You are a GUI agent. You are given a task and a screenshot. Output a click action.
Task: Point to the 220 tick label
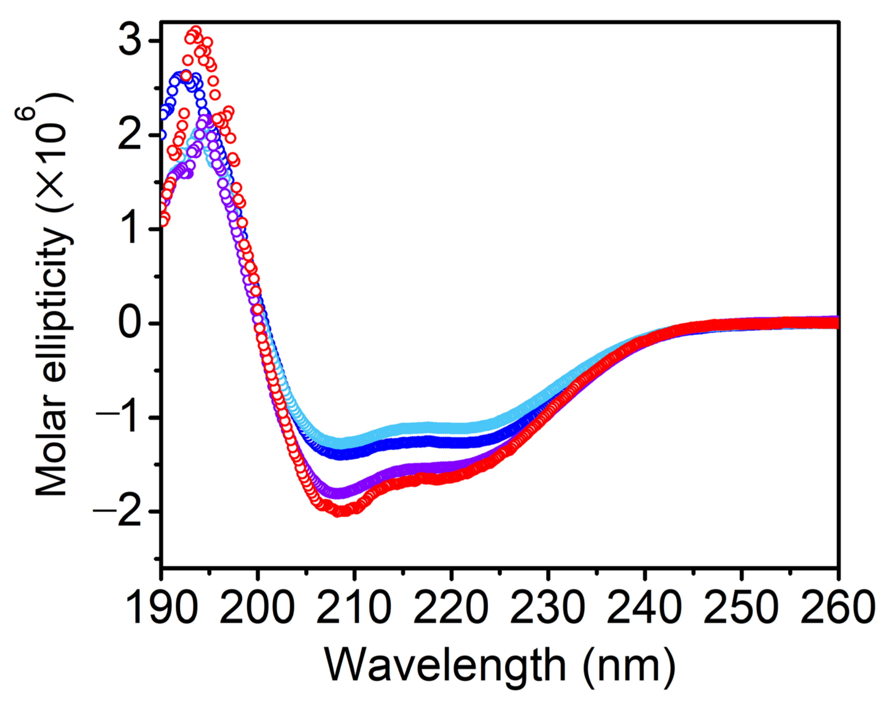[451, 607]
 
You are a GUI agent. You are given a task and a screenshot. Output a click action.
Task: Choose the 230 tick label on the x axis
[548, 607]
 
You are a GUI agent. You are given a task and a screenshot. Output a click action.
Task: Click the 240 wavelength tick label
[644, 607]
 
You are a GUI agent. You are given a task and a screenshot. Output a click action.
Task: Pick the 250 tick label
[741, 607]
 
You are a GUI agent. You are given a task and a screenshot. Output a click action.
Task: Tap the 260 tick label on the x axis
[838, 607]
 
